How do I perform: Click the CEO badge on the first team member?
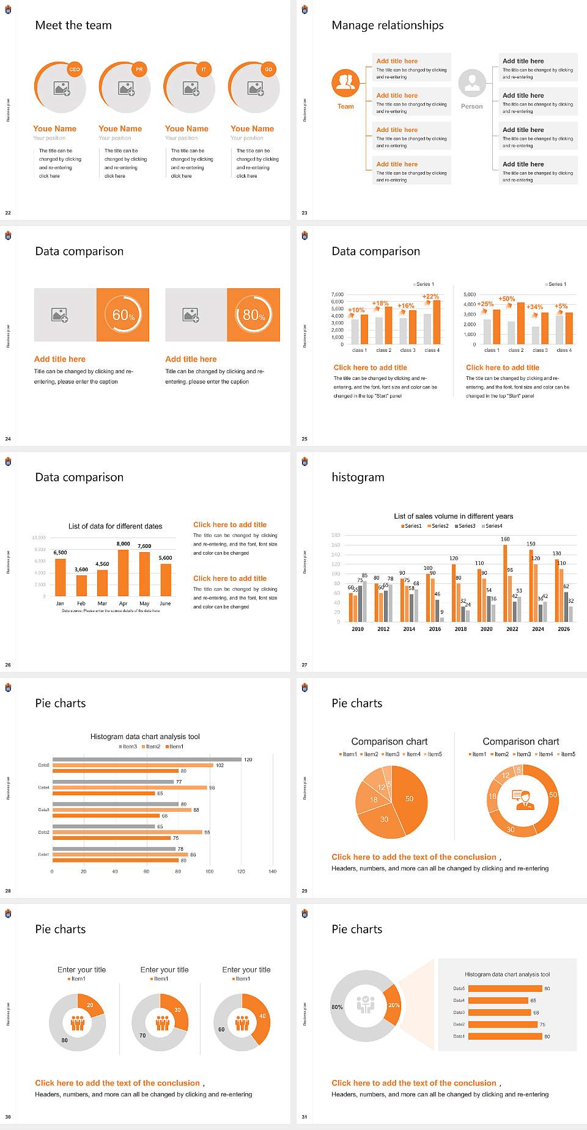coord(75,70)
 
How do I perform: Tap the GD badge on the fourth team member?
coord(268,70)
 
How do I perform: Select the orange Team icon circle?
coord(345,82)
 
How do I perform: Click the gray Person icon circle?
coord(472,82)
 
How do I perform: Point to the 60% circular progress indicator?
coord(123,315)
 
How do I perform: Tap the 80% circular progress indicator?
coord(254,315)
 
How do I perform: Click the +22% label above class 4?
coord(430,296)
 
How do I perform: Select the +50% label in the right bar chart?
coord(506,299)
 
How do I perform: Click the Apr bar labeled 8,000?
coord(124,573)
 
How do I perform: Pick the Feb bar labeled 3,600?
coord(81,585)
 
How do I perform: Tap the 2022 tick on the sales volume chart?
coord(512,629)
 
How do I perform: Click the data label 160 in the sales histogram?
coord(505,539)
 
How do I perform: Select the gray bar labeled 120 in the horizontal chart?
coord(147,759)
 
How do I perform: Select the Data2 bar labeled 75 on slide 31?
coord(503,1024)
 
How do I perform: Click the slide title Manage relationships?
coord(388,25)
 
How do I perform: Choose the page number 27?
coord(305,665)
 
